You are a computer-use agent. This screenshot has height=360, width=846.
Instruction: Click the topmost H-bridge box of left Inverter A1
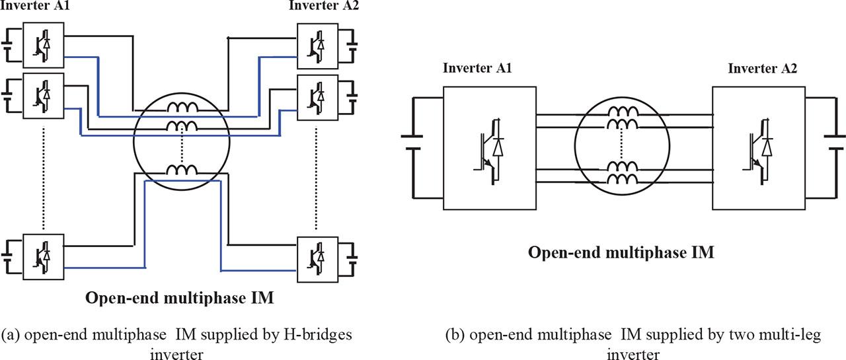click(44, 44)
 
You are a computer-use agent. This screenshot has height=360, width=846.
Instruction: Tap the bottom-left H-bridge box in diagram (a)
click(44, 254)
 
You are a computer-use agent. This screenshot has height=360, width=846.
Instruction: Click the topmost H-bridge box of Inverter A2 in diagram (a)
click(317, 44)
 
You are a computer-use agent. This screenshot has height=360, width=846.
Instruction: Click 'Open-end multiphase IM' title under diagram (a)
click(180, 298)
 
